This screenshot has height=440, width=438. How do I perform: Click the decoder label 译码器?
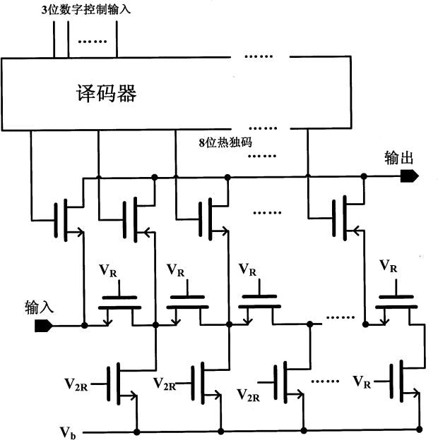click(106, 94)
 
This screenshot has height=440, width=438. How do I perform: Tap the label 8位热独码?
click(225, 141)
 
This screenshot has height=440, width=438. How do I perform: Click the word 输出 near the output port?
click(398, 157)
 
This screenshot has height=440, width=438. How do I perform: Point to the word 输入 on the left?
click(40, 307)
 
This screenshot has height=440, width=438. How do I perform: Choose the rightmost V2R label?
click(249, 393)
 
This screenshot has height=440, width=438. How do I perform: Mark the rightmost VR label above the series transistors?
click(389, 266)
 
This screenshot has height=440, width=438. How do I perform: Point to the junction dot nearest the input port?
click(84, 326)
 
